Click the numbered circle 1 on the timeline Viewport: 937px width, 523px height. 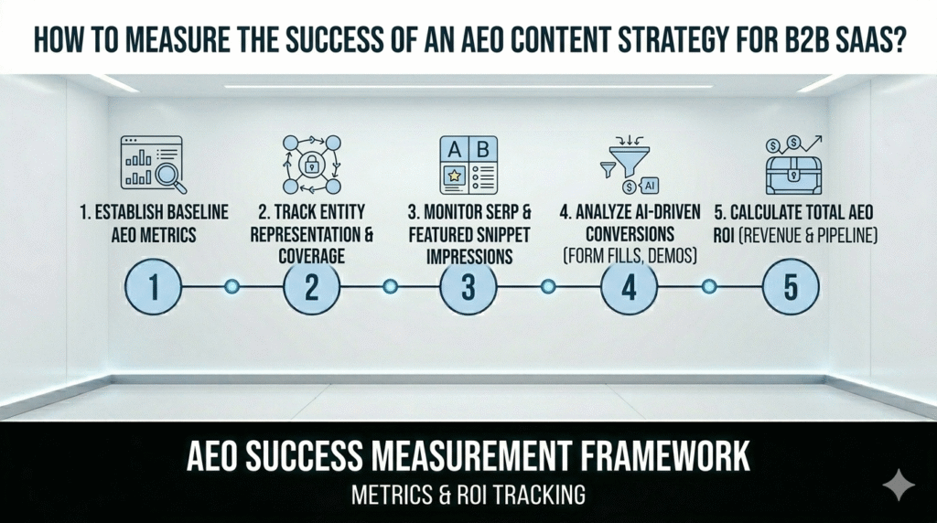click(154, 286)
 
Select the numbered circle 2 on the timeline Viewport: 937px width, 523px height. click(312, 286)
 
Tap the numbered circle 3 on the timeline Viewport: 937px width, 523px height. click(468, 286)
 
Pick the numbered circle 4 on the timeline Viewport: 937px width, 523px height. click(629, 286)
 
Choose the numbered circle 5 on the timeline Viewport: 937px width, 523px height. click(790, 286)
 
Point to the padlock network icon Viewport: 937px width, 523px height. click(311, 165)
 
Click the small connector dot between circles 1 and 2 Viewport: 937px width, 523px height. click(232, 287)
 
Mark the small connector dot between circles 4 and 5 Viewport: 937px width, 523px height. click(708, 287)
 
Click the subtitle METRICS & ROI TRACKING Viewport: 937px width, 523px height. click(468, 496)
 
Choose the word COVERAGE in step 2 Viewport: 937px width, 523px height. click(312, 256)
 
